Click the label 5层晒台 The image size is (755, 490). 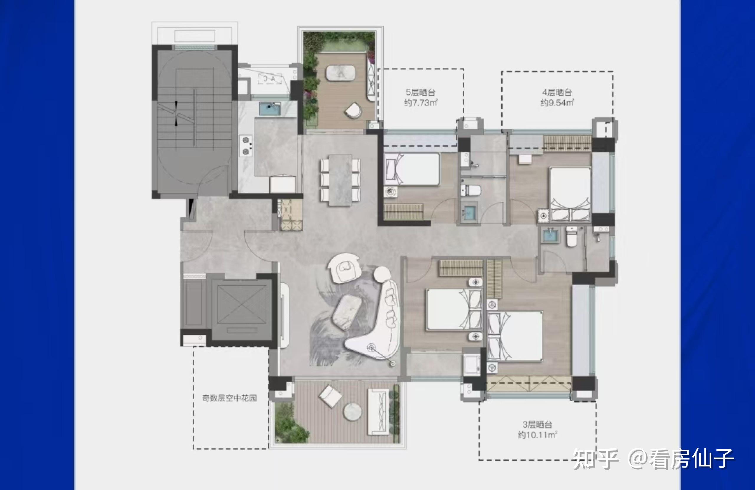(420, 92)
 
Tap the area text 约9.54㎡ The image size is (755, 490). (557, 102)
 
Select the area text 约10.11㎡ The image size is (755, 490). (537, 435)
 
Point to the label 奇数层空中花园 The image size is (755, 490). (229, 398)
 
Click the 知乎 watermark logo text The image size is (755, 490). (596, 459)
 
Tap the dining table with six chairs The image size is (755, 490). (340, 180)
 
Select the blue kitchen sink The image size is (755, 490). (270, 109)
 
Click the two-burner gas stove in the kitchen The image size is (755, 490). (246, 146)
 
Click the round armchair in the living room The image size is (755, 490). (344, 268)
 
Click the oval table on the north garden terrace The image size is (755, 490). (341, 73)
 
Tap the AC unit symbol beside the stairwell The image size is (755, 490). (270, 79)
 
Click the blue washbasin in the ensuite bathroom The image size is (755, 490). (550, 236)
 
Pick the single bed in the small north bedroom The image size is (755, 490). (412, 169)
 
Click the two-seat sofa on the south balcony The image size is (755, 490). (378, 411)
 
